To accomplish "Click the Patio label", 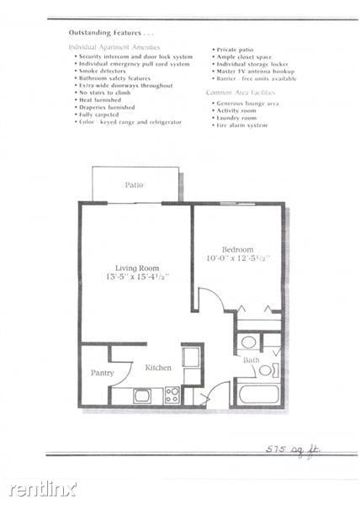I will pyautogui.click(x=134, y=184).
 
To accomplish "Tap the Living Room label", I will pyautogui.click(x=138, y=268).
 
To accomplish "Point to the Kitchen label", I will pyautogui.click(x=158, y=368).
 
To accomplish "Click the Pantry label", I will pyautogui.click(x=103, y=373).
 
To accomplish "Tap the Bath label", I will pyautogui.click(x=251, y=361).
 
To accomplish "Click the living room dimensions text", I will pyautogui.click(x=138, y=277).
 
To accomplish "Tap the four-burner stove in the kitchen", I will pyautogui.click(x=172, y=394).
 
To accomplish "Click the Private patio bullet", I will pyautogui.click(x=236, y=49).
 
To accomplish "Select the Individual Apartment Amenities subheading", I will pyautogui.click(x=114, y=47).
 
